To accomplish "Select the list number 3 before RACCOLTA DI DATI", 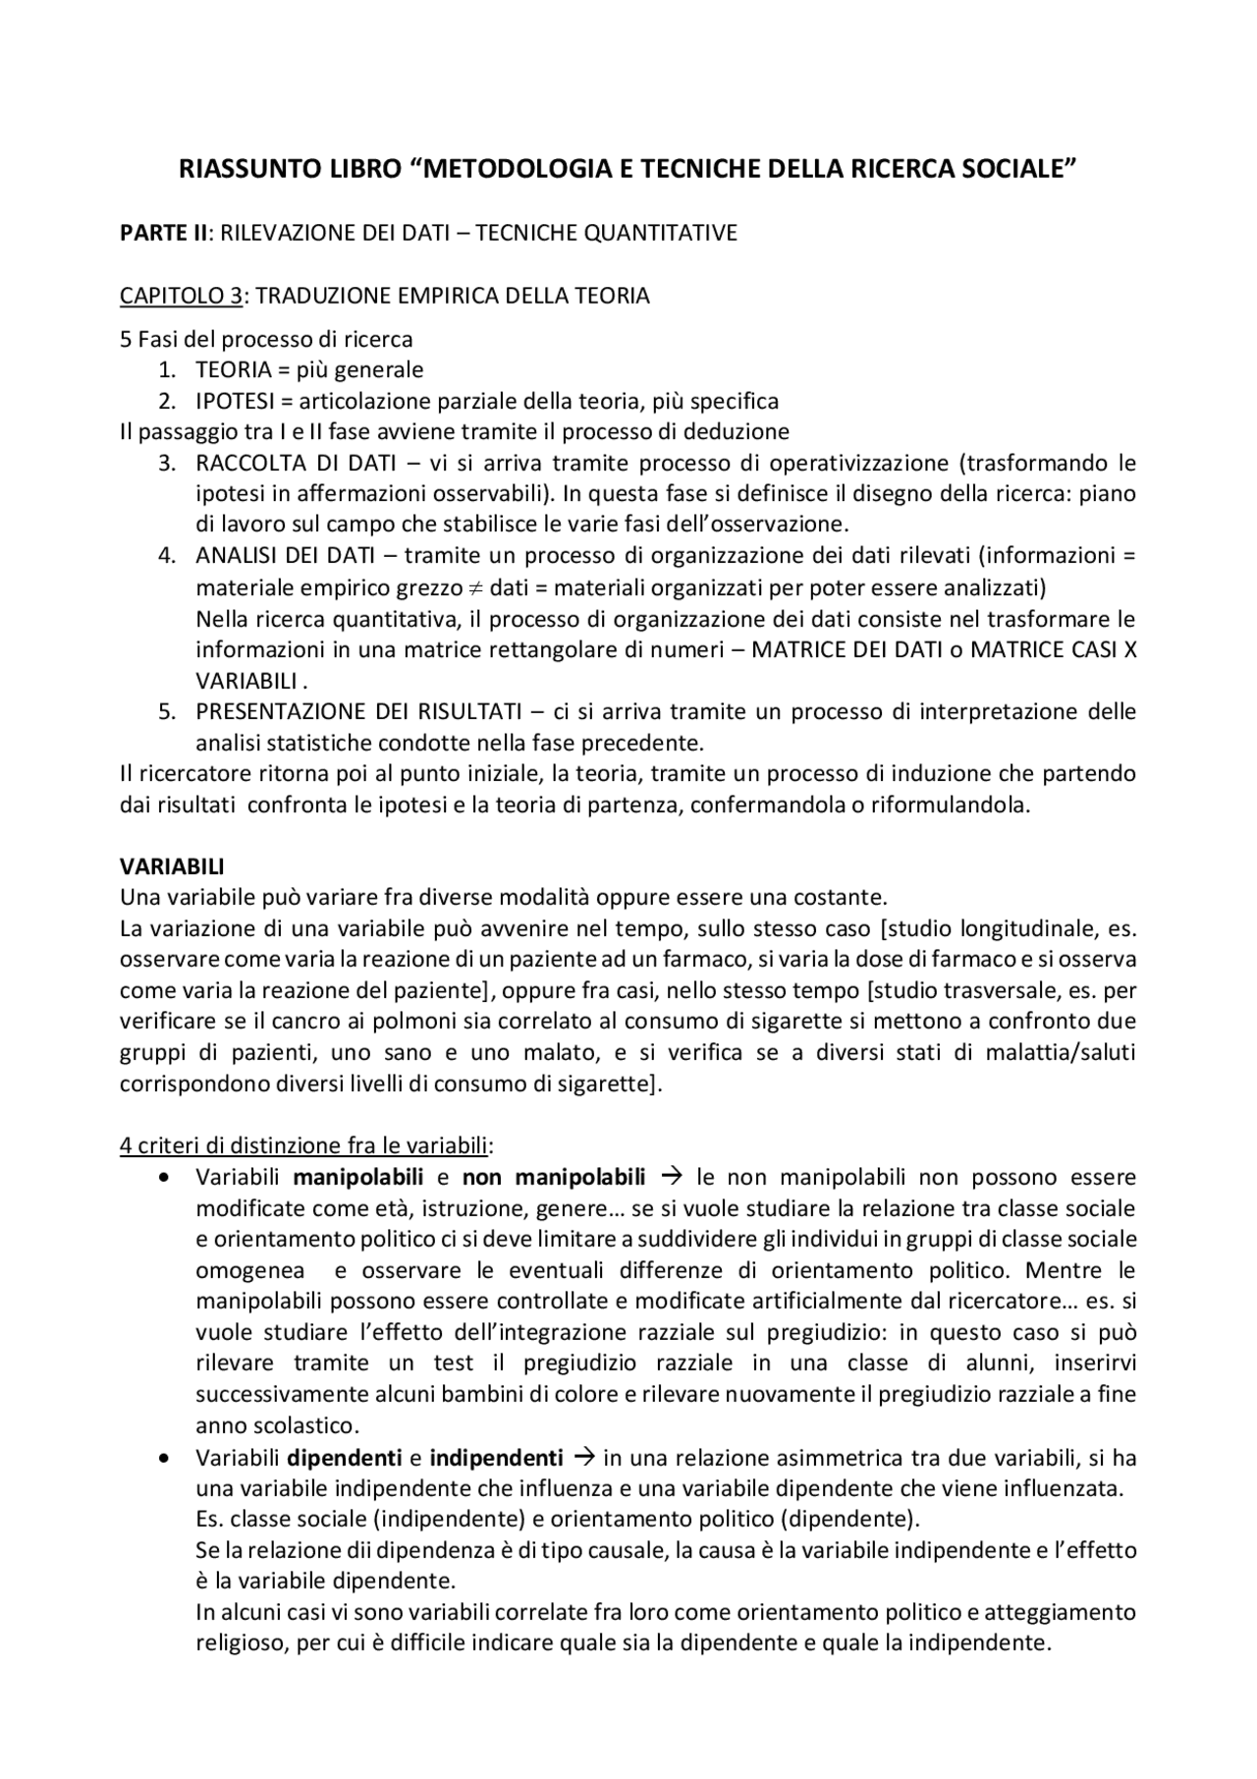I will [167, 463].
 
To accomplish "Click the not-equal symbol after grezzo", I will [475, 588].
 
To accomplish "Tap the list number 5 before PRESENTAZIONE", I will [167, 710].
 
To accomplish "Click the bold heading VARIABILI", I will [172, 867].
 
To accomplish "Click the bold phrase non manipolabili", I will [554, 1177].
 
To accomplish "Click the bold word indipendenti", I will [496, 1457].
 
